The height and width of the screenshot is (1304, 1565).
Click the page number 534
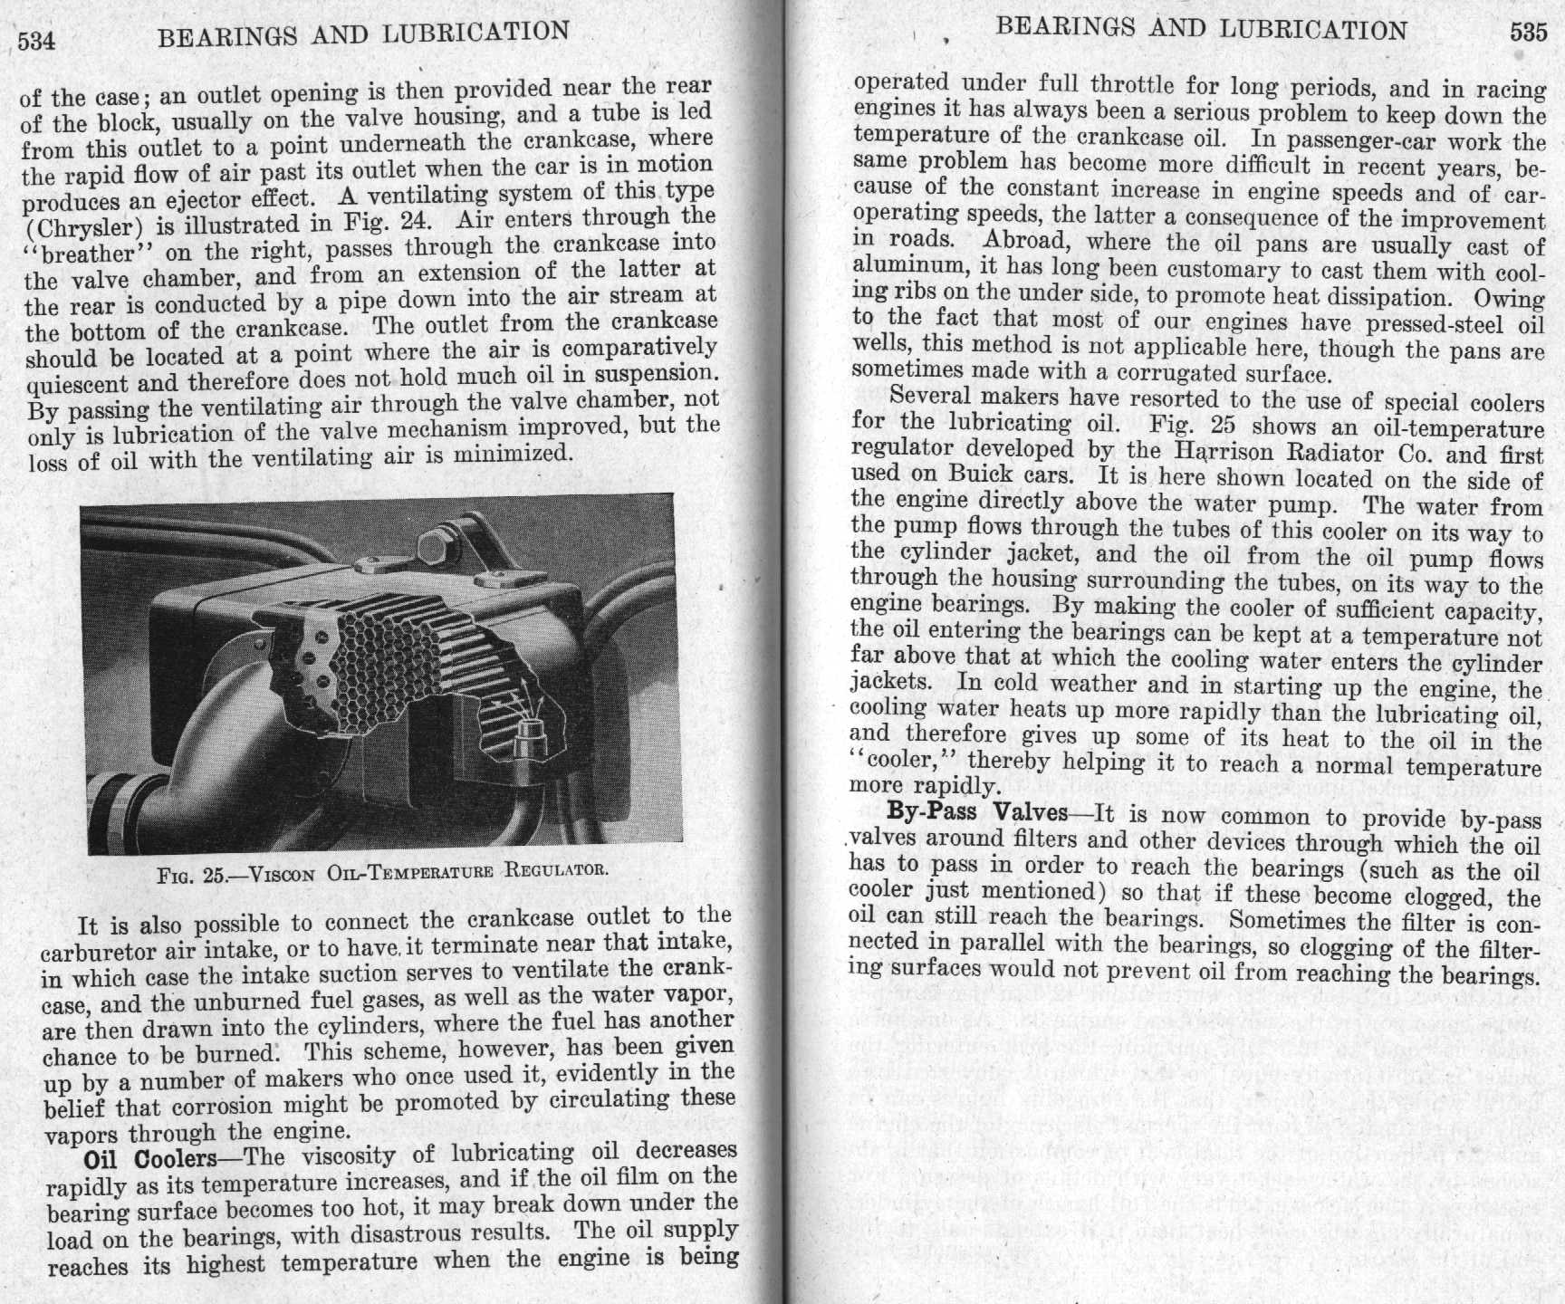tap(37, 42)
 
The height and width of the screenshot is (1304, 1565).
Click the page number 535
tap(1529, 32)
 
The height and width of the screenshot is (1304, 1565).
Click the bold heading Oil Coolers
tap(150, 1159)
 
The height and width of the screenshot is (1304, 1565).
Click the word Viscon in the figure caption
tap(282, 874)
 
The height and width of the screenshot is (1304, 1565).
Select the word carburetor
tap(100, 953)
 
